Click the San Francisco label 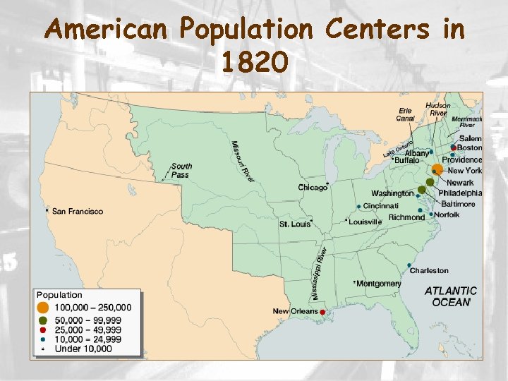77,211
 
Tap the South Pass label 181,170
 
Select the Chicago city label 313,188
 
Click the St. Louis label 294,224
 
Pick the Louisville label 365,222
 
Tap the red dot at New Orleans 322,312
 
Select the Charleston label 429,270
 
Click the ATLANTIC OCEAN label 450,296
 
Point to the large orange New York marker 437,169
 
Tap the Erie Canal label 405,114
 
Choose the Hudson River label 437,109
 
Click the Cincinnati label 381,205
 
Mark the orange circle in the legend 43,308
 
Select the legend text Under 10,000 83,349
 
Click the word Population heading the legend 59,295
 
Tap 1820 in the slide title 254,63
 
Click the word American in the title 105,30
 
